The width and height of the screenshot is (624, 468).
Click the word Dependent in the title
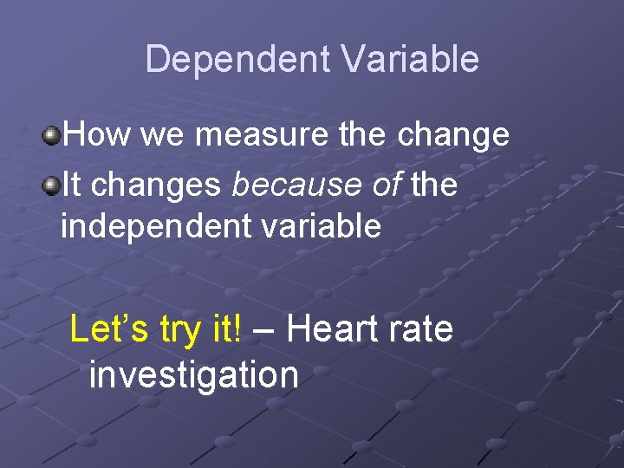[238, 59]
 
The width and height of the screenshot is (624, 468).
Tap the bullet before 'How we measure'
[53, 134]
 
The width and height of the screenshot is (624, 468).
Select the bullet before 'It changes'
[53, 185]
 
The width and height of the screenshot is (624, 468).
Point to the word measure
[257, 134]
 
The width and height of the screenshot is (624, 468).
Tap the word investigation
[193, 375]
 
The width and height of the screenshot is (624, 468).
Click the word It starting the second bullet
[72, 185]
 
